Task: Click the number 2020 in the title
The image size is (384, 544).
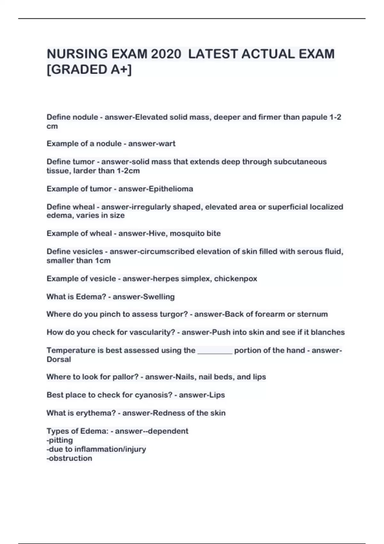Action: point(166,54)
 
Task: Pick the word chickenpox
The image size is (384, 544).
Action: point(236,279)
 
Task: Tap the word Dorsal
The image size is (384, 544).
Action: point(59,359)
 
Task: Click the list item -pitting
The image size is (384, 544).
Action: point(60,440)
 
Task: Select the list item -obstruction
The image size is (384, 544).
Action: point(69,458)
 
